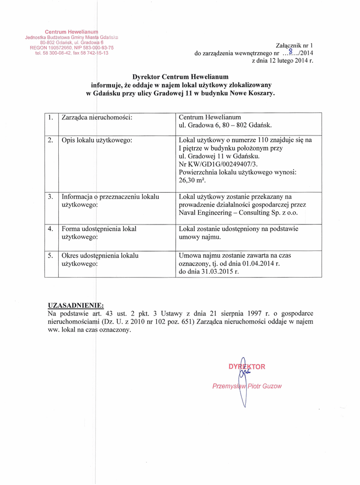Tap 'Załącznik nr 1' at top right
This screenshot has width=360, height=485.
click(295, 46)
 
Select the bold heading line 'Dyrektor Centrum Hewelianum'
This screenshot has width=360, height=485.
click(180, 77)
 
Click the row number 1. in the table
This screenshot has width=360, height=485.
click(51, 117)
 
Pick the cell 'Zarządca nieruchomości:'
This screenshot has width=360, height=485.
click(97, 117)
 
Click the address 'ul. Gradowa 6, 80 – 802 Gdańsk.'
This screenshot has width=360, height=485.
click(225, 126)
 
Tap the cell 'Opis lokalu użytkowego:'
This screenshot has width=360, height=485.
click(97, 140)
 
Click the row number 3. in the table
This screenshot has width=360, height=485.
click(51, 197)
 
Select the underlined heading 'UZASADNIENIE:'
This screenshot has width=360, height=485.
click(76, 305)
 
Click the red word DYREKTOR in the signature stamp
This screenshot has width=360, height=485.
click(247, 367)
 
